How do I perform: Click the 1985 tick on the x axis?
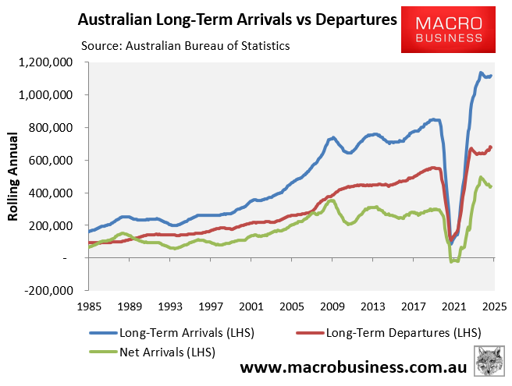click(x=89, y=306)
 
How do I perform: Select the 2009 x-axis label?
click(x=332, y=306)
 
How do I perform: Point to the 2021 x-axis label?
click(x=454, y=306)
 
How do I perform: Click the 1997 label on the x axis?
click(x=211, y=306)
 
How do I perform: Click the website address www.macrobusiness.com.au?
click(x=353, y=367)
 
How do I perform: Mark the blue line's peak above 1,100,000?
click(x=481, y=73)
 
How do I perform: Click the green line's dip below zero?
click(x=453, y=261)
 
